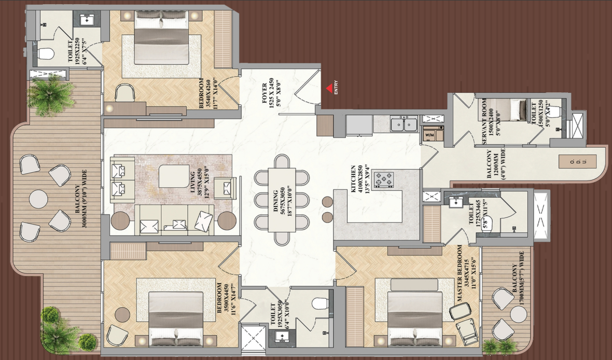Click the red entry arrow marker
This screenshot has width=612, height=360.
(329, 88)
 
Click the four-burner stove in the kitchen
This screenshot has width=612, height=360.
(384, 180)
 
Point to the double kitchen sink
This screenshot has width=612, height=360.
(403, 124)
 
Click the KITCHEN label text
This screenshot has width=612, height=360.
(356, 178)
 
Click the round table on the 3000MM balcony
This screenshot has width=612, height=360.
(38, 199)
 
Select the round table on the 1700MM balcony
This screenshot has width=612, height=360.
(519, 314)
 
